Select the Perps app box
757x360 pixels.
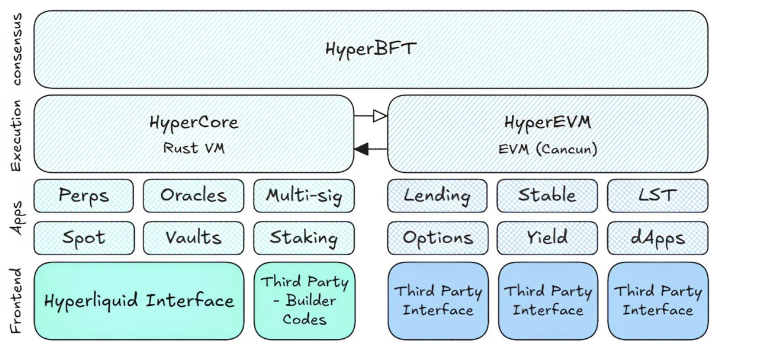pos(83,196)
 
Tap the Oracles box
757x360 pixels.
pos(193,196)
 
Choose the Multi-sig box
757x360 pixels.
pos(304,196)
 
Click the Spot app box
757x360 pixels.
pos(84,238)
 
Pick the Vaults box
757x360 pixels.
pos(193,238)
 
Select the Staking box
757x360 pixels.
pos(304,238)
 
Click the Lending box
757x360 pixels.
pos(437,196)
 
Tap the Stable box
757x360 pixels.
pos(547,196)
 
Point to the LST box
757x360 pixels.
pos(657,196)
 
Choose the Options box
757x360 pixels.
pos(438,238)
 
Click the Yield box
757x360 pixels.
pos(547,238)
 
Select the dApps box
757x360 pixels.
pos(657,238)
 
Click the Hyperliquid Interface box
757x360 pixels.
pos(139,301)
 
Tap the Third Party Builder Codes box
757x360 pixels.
pos(304,301)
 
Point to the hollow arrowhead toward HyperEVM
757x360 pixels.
pos(379,116)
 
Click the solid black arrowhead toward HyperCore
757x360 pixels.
pos(362,149)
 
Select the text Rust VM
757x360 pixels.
pos(194,148)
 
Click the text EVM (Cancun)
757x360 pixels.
pos(547,149)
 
